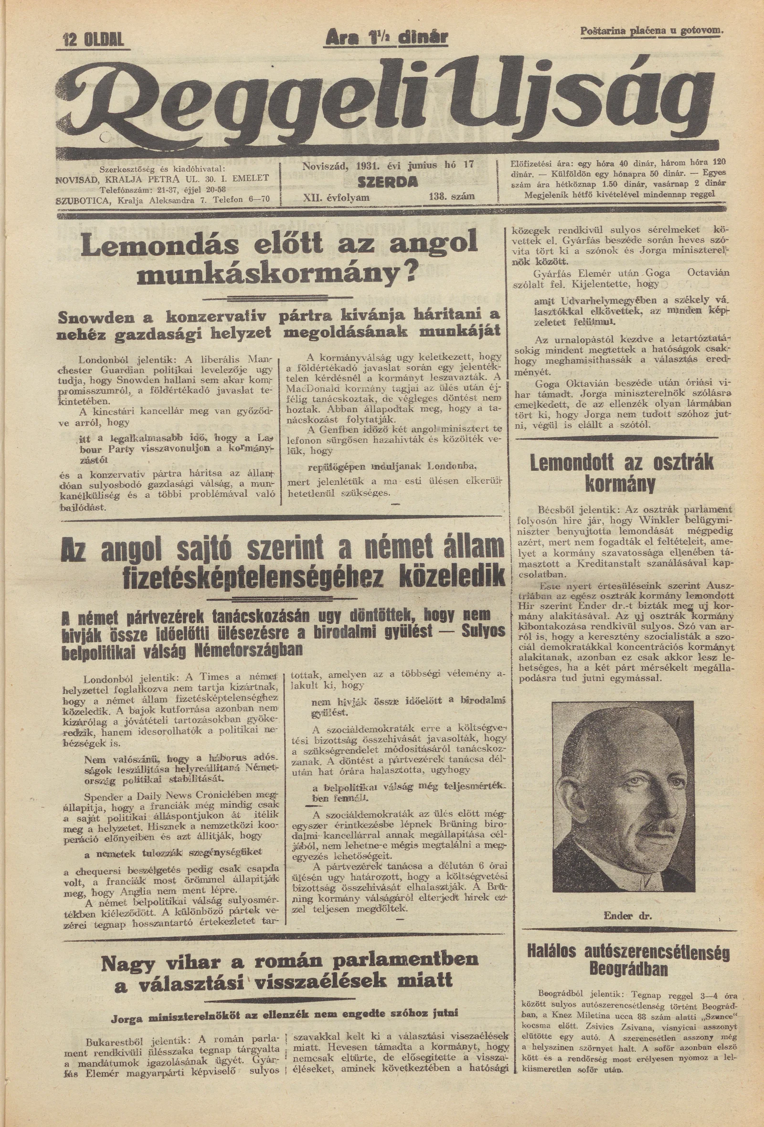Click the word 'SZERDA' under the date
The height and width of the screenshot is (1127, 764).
(387, 182)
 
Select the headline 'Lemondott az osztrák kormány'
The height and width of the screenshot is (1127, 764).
(623, 473)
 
